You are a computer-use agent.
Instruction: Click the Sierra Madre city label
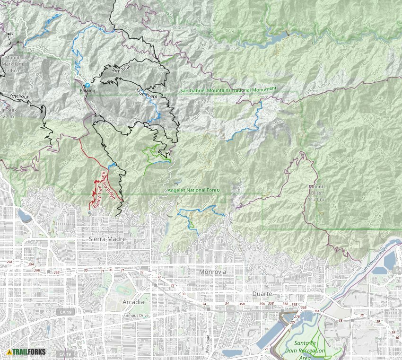(x=107, y=239)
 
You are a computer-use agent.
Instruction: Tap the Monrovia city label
(x=213, y=272)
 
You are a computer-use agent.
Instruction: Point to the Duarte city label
(x=262, y=293)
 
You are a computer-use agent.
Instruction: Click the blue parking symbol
(x=87, y=85)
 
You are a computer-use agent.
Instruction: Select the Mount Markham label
(x=12, y=64)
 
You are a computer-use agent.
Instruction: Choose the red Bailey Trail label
(x=97, y=196)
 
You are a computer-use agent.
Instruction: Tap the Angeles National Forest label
(x=194, y=190)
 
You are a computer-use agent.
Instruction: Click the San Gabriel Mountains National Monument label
(x=228, y=89)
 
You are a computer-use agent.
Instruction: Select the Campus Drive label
(x=136, y=315)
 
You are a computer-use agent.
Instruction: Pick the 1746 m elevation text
(x=12, y=70)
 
